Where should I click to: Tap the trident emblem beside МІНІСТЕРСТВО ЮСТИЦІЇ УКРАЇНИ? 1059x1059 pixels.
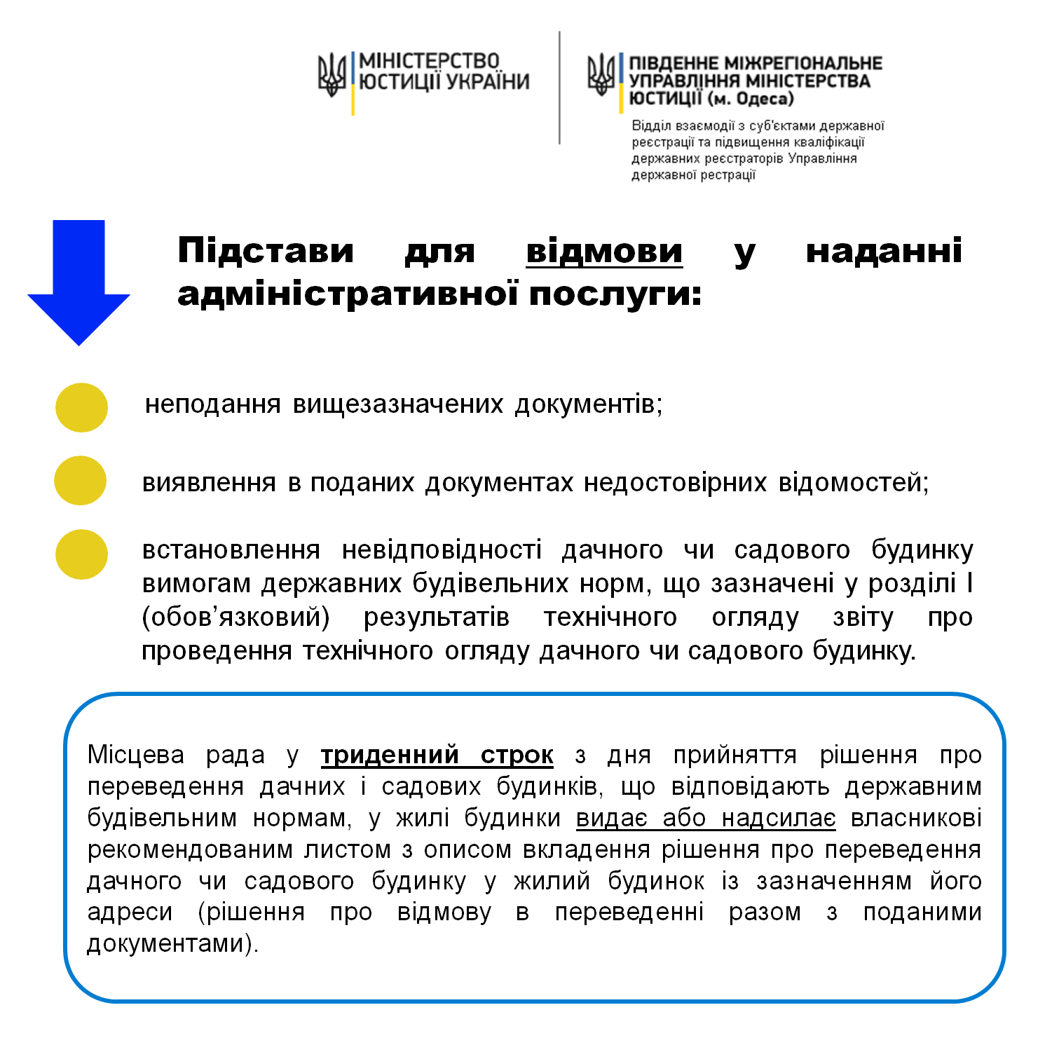(332, 75)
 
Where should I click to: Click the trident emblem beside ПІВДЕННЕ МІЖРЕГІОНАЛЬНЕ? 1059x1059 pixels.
(601, 75)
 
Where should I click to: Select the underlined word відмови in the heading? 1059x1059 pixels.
(604, 251)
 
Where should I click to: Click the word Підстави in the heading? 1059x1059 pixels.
(266, 251)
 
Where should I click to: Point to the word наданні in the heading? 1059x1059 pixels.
(884, 251)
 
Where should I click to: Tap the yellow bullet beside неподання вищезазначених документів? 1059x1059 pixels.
(81, 407)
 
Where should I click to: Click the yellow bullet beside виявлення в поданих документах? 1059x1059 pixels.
(81, 481)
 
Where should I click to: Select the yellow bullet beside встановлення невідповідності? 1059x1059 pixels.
(81, 554)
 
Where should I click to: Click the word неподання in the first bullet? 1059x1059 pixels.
(212, 404)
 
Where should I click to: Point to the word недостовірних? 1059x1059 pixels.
(675, 483)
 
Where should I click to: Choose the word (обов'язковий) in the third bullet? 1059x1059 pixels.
(235, 617)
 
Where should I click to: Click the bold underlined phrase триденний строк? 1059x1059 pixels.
(437, 755)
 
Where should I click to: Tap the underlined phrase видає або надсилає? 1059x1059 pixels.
(706, 818)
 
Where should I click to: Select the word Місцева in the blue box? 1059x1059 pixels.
(136, 755)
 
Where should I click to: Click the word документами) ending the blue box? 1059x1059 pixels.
(173, 943)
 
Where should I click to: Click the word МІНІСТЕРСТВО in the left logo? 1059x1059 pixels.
(429, 61)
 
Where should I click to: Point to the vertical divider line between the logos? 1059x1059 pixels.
(559, 88)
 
